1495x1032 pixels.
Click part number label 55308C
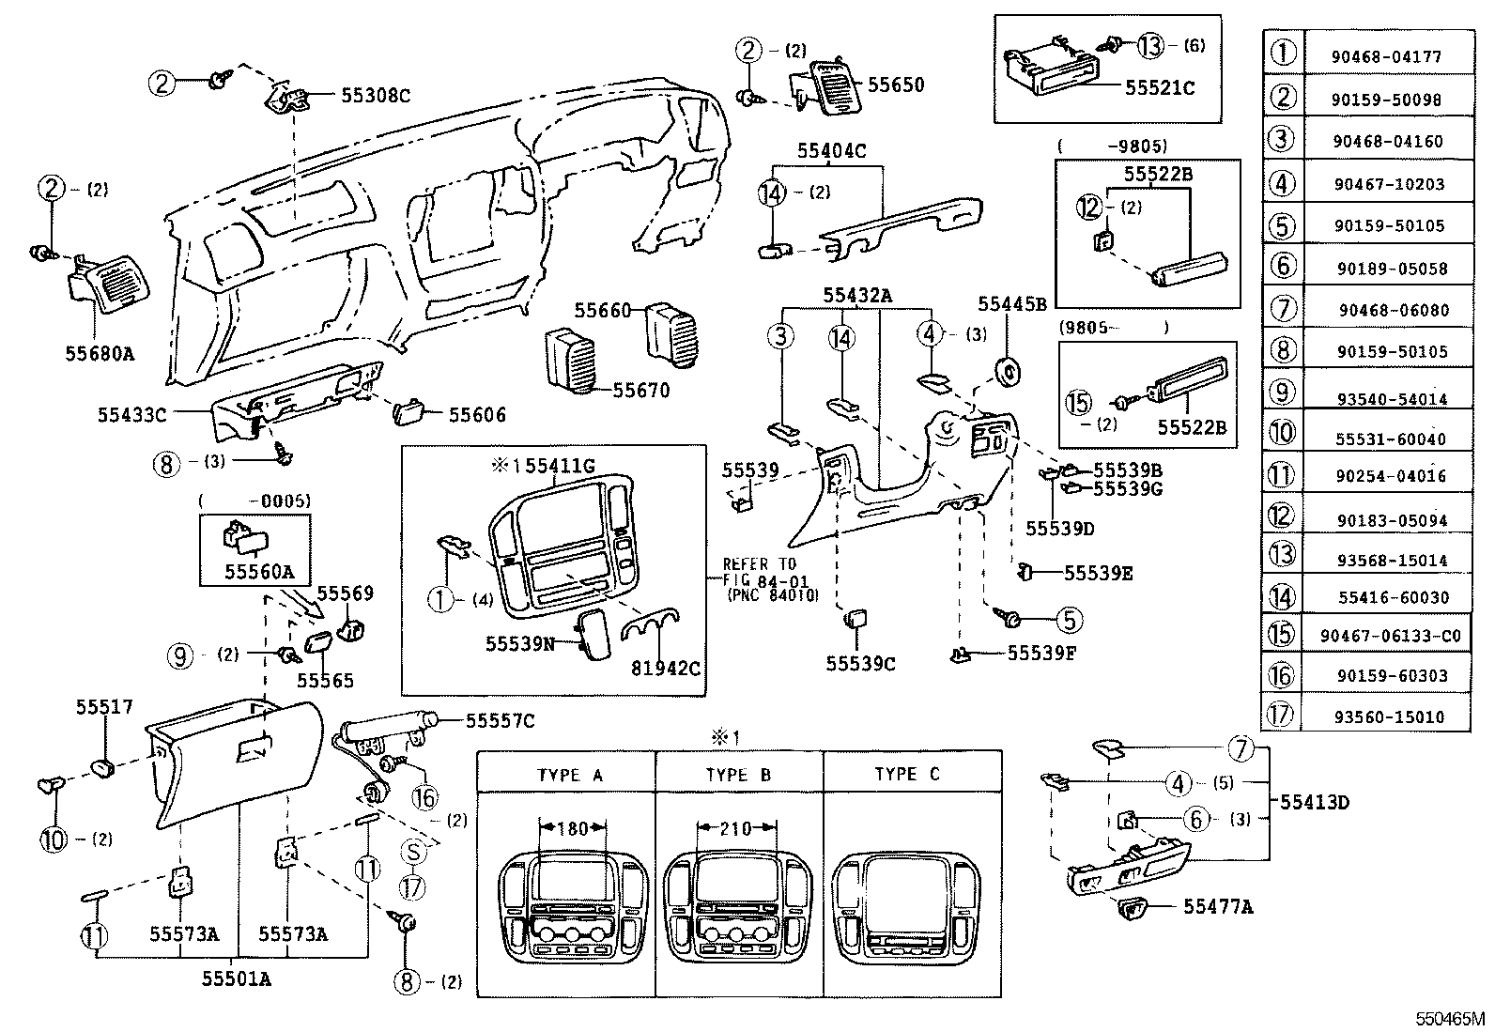point(375,95)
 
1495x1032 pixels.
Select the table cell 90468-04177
point(1385,57)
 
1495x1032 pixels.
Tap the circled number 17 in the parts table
point(1281,716)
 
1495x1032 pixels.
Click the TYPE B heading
point(738,775)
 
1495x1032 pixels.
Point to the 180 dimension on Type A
point(572,828)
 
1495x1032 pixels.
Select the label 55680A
point(100,354)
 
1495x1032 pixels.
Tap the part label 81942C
point(667,669)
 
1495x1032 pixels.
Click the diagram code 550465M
point(1452,1018)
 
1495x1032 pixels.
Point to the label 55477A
point(1218,906)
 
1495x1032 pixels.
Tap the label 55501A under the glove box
point(236,978)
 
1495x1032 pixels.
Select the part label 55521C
point(1160,88)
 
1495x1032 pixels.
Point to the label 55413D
point(1315,802)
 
